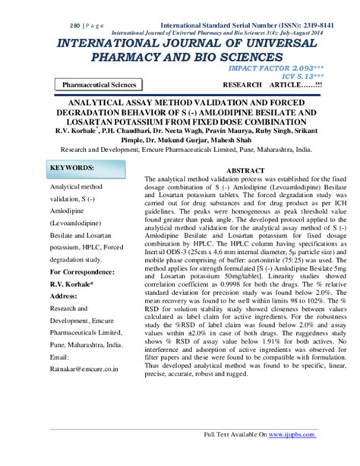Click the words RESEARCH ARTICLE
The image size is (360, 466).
tap(269, 85)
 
